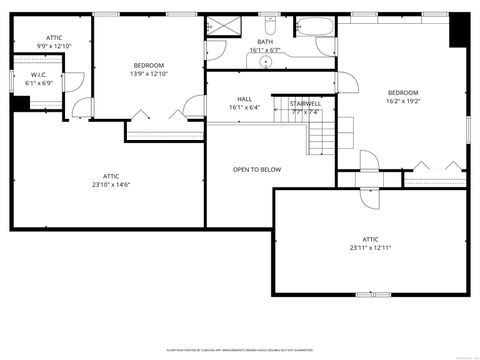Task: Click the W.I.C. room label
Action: (39, 75)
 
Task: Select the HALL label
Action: (244, 99)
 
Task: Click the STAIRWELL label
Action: (305, 103)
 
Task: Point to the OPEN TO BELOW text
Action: (257, 169)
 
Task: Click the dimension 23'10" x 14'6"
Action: (111, 183)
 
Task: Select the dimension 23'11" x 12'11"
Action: (370, 247)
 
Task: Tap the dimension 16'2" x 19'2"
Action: (403, 100)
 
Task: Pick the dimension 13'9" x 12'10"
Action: (149, 73)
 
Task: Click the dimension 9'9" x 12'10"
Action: (54, 46)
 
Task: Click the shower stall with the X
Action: (222, 26)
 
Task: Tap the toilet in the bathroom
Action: (271, 25)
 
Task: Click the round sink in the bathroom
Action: (266, 62)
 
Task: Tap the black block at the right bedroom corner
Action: (459, 30)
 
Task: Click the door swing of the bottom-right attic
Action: (367, 198)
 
